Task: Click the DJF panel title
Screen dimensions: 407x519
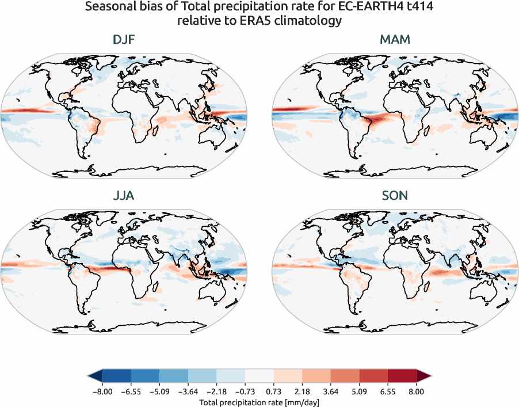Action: point(124,40)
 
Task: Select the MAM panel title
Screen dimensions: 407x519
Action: point(395,40)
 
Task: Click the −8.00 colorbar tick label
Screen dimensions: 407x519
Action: point(101,391)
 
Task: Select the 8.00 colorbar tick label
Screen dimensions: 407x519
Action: point(417,391)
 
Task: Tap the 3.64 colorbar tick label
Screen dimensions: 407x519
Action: point(331,391)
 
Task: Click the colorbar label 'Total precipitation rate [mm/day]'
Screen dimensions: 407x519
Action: point(259,402)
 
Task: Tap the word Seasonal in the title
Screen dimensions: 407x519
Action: point(109,7)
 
